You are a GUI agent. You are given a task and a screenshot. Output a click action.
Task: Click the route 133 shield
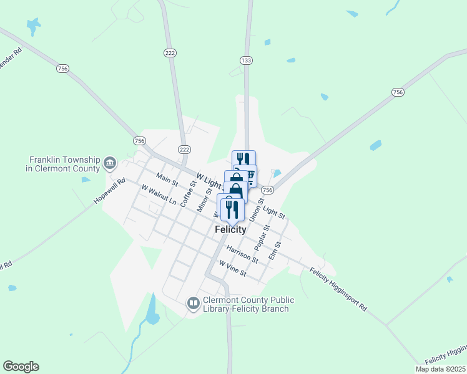point(246,60)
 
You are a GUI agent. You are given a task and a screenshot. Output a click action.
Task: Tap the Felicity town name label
point(230,229)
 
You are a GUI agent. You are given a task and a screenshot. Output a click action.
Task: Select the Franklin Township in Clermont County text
point(62,164)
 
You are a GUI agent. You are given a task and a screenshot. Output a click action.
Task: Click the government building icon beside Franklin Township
point(110,163)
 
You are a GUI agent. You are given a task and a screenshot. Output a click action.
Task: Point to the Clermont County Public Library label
point(247,304)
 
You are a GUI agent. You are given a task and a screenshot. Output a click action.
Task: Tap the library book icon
point(193,304)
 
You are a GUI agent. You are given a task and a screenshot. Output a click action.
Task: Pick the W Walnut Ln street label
point(159,194)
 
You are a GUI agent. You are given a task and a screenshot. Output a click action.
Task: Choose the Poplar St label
point(266,237)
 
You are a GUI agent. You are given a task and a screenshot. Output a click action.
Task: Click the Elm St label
point(274,251)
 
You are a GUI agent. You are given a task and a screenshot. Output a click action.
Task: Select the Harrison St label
point(242,253)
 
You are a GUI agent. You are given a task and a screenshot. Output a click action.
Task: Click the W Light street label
point(209,181)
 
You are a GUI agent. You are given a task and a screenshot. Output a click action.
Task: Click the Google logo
point(21,367)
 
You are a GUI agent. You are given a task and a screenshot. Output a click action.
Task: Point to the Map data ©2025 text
point(440,369)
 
